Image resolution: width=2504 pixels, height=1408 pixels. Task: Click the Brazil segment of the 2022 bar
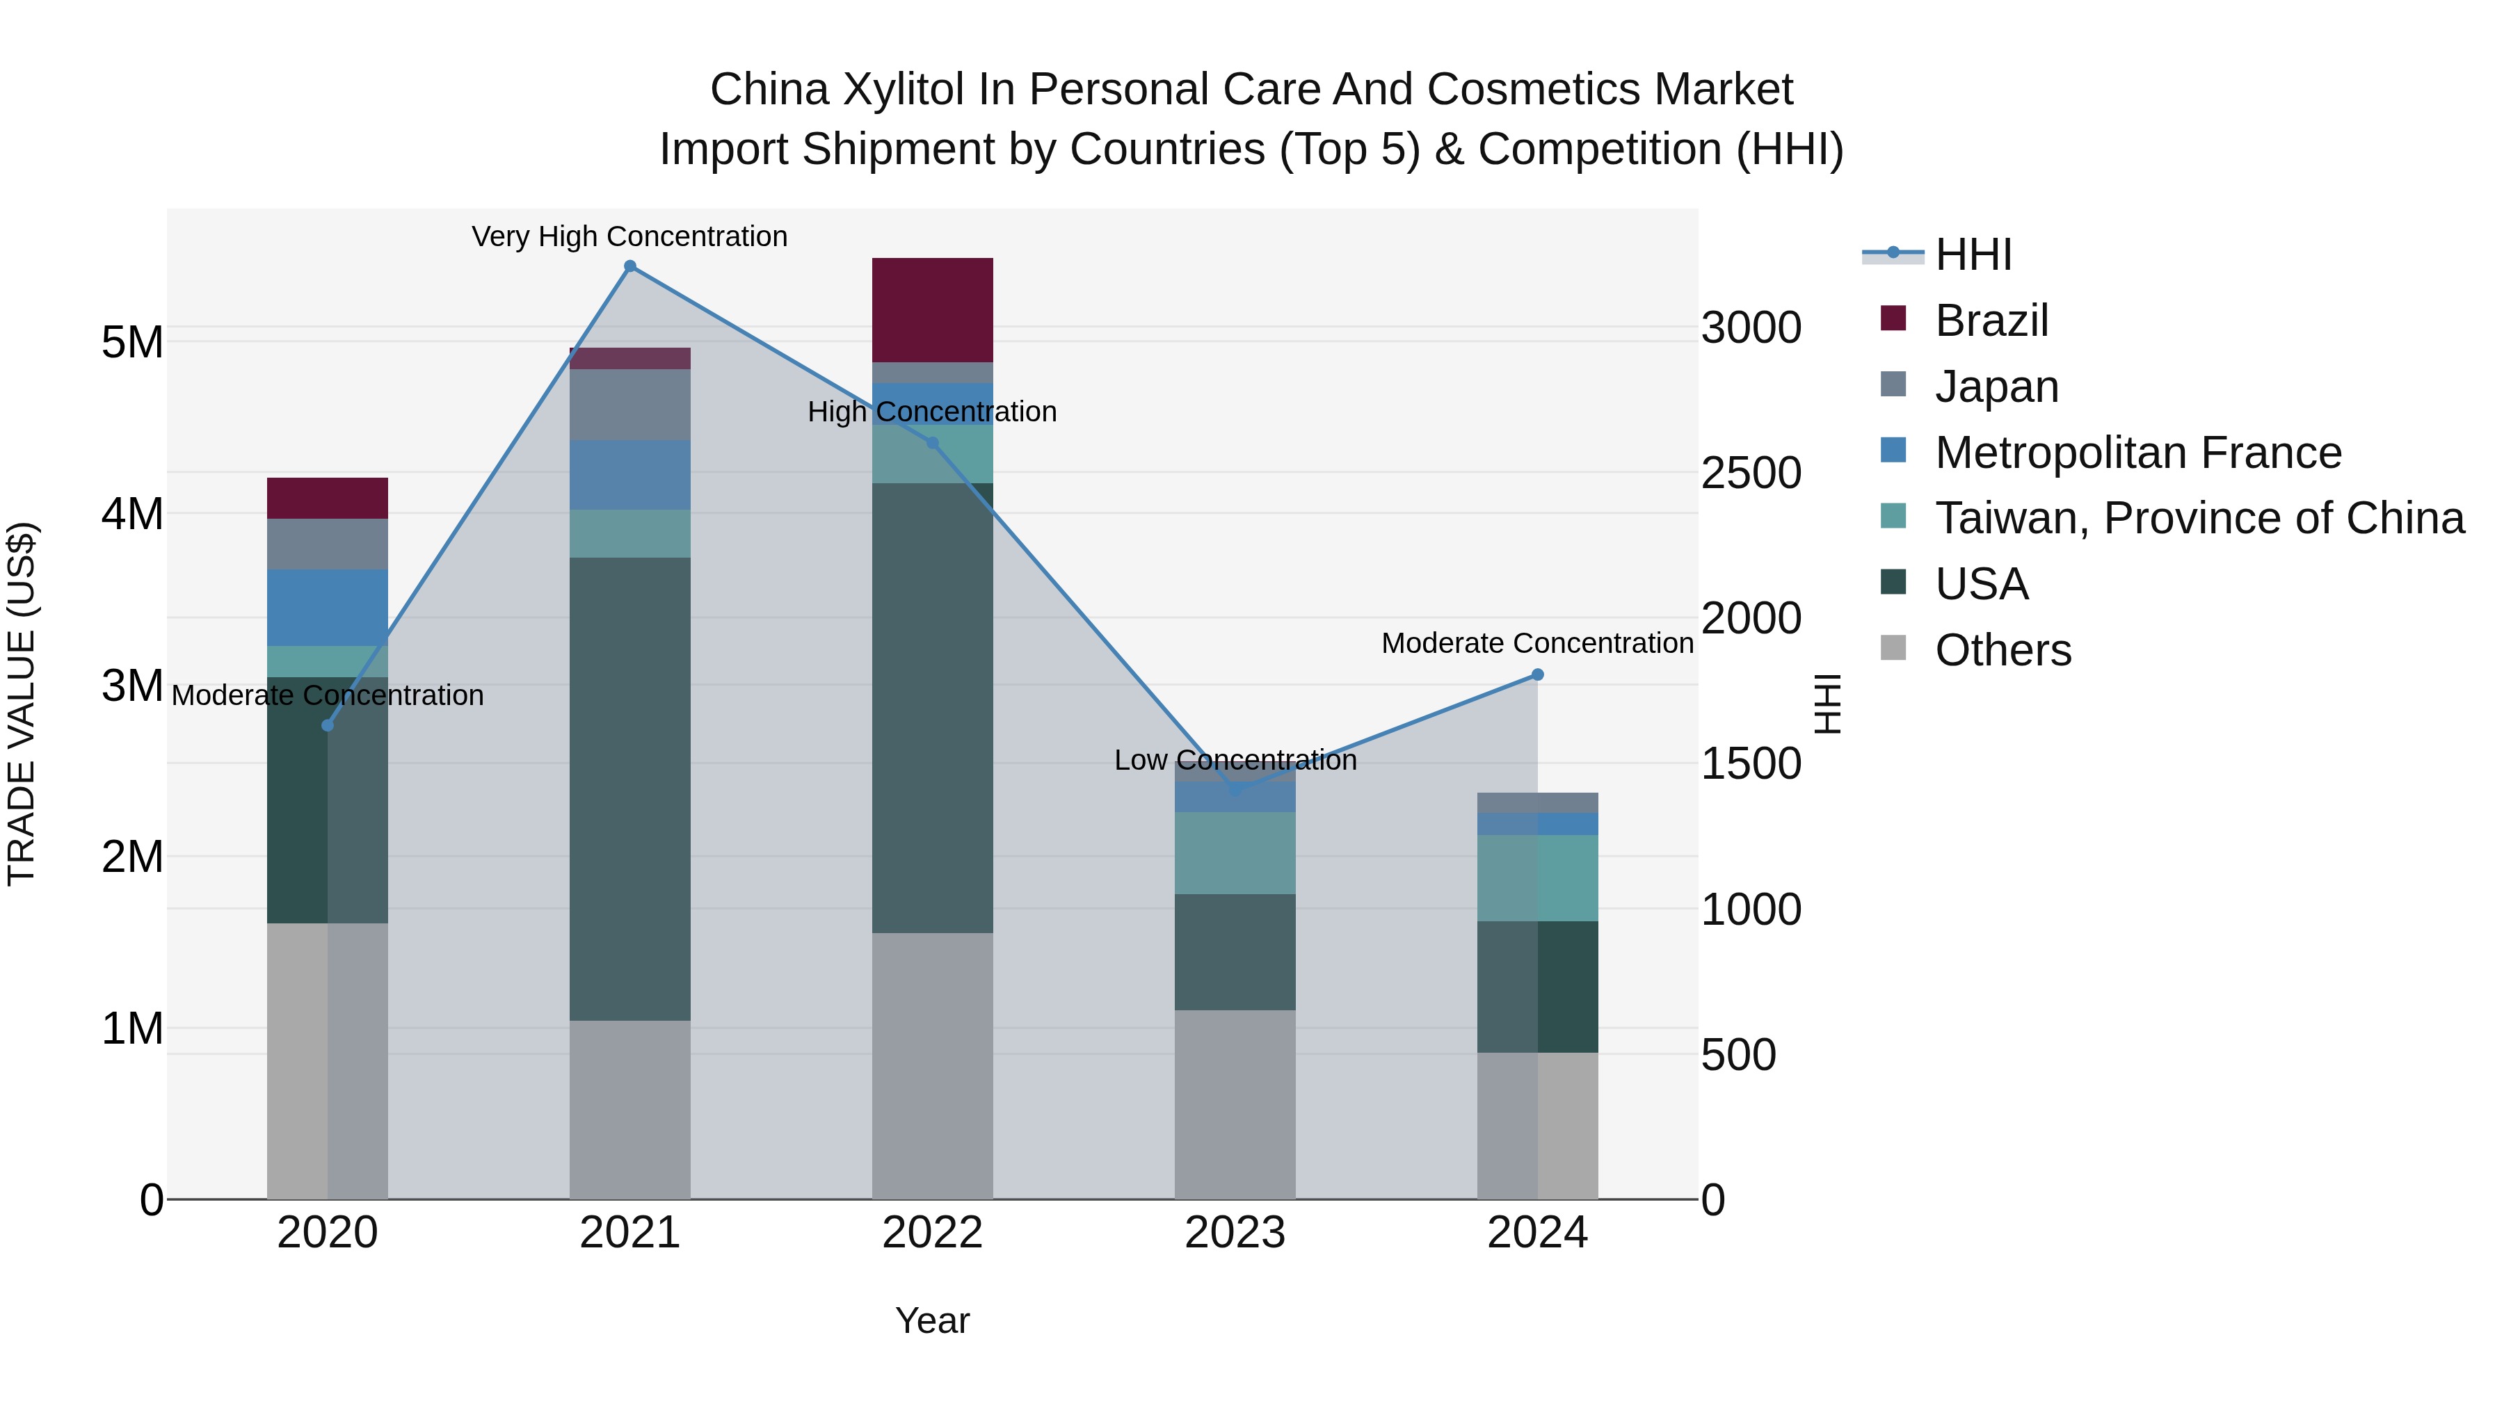coord(932,310)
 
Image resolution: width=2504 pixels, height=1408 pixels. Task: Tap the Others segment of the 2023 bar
coord(1235,1104)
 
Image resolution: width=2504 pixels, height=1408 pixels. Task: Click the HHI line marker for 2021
coord(630,266)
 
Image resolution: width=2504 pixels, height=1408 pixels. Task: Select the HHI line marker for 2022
coord(932,443)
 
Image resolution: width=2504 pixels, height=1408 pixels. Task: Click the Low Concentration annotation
coord(1235,760)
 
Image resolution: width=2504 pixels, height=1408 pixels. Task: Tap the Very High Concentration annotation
coord(630,236)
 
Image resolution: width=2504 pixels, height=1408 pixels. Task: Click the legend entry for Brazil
coord(1991,321)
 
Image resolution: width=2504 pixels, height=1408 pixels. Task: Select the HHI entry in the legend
coord(1973,254)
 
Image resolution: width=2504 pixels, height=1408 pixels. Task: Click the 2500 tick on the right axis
coord(1751,474)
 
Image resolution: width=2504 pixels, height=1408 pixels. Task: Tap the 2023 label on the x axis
coord(1235,1233)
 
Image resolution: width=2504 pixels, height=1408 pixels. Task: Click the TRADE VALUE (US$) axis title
coord(22,704)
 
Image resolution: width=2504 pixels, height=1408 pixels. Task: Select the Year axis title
coord(932,1320)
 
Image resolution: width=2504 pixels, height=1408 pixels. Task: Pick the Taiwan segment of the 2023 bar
coord(1235,853)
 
